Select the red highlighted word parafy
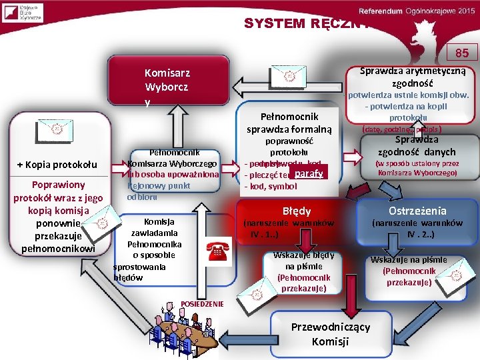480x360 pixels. [309, 174]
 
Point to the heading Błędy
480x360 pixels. [297, 210]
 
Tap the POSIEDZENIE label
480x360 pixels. [203, 304]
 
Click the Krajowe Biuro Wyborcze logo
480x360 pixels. [22, 13]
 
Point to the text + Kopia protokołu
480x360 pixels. [57, 165]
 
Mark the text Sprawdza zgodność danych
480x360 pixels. [417, 146]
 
